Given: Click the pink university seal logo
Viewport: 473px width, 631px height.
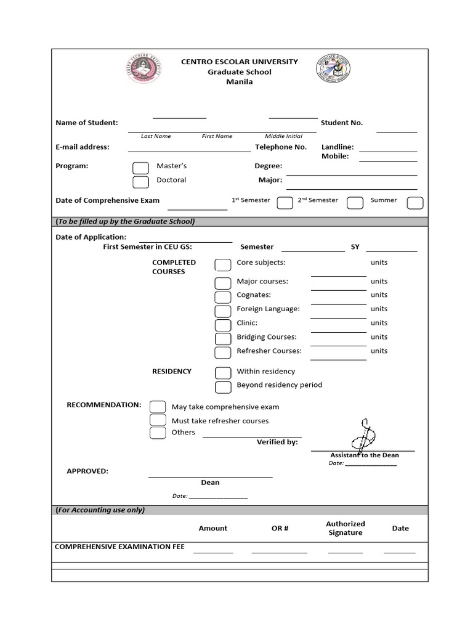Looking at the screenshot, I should pos(145,71).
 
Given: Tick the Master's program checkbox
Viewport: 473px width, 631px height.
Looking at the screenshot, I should pos(141,168).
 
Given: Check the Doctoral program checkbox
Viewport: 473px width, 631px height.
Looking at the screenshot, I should pos(141,182).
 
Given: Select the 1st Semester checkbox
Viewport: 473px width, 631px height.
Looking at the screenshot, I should pos(285,203).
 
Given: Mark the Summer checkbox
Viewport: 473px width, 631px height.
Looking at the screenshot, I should pos(415,203).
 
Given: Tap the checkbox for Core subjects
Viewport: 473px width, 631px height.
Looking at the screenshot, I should pos(223,265).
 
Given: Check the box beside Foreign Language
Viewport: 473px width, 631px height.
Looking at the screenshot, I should pos(223,311).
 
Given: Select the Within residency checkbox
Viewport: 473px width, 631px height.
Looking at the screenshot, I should pos(223,373).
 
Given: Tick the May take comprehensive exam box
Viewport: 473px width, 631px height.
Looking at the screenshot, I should pos(158,407).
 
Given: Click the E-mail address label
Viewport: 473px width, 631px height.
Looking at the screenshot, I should pos(83,147).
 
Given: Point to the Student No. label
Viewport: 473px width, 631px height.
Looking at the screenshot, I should pos(342,123).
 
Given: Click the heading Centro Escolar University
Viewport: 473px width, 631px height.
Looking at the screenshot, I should pos(239,62).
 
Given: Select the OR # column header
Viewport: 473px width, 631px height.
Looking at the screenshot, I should pos(280,528).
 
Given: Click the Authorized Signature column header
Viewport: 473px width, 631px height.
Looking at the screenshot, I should pos(346,528).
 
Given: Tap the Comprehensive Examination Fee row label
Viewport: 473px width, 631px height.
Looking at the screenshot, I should pos(119,547).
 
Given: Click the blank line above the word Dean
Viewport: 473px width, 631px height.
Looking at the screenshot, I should pos(210,476).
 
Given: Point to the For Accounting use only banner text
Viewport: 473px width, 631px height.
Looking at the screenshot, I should pos(100,510).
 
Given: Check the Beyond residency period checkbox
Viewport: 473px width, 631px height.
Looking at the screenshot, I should pos(223,387).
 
